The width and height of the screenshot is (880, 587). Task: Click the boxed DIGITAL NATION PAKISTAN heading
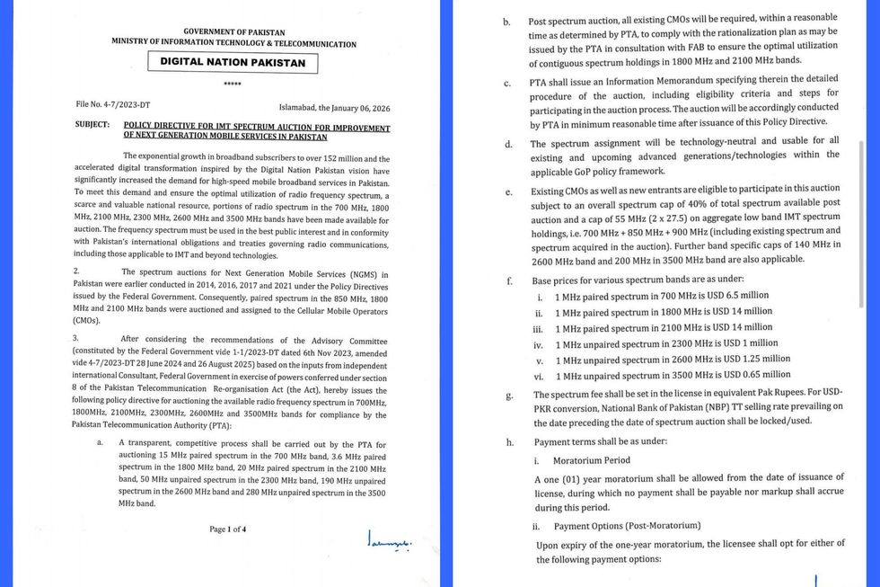(x=233, y=63)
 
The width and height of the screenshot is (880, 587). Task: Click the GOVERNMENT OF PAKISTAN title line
(x=233, y=31)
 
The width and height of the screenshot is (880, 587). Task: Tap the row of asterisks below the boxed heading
(x=233, y=84)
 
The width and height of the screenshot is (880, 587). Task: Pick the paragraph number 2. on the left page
(x=76, y=271)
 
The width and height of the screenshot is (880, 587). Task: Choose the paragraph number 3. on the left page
(x=76, y=339)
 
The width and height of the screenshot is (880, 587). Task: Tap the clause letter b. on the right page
(x=507, y=21)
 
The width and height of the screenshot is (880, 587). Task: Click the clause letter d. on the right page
(x=509, y=144)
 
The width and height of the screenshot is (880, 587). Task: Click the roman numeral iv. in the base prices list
(x=539, y=343)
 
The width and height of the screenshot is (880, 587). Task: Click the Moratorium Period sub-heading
(x=592, y=460)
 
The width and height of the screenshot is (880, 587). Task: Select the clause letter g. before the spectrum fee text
(x=510, y=396)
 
